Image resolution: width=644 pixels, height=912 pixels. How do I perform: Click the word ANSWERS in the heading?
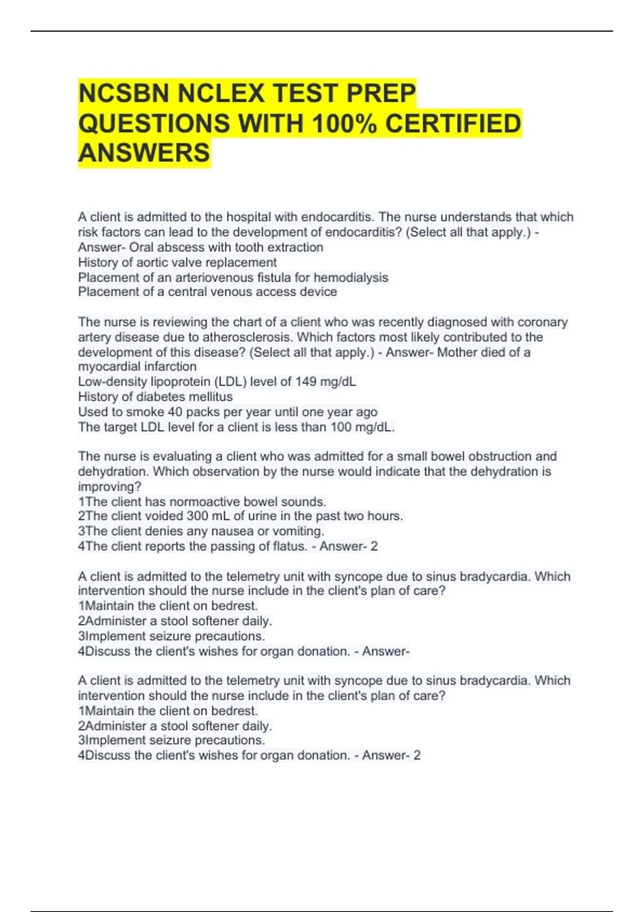click(x=144, y=153)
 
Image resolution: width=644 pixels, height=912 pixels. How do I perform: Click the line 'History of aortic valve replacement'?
click(x=177, y=262)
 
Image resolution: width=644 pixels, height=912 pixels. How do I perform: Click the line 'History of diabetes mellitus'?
click(x=155, y=397)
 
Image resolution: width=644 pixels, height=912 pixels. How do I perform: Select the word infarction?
click(x=169, y=367)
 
